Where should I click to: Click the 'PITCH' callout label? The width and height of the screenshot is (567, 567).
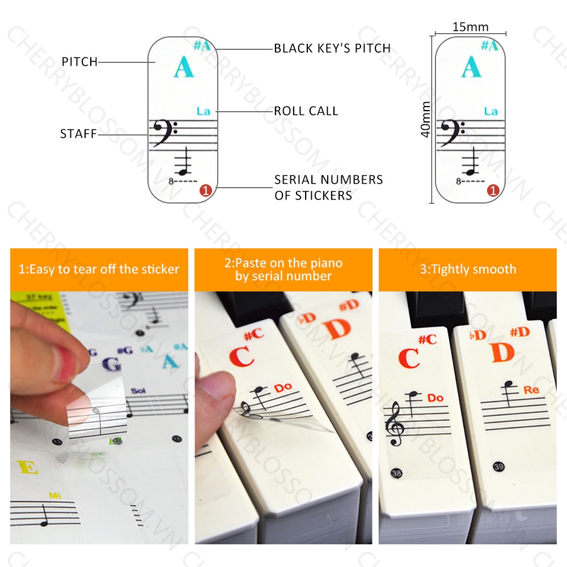pos(79,62)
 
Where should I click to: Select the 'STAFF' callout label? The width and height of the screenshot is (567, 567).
pos(78,134)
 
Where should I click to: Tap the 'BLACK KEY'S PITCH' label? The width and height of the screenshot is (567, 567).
pos(332,48)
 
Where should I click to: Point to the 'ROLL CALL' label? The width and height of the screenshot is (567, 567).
pos(306,111)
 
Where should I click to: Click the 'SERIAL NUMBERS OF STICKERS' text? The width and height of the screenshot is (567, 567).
pos(329,188)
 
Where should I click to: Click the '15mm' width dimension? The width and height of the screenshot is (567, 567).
pos(471,27)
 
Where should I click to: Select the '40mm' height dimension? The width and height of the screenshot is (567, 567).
pos(425,120)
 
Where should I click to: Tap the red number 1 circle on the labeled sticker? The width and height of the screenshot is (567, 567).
pos(206,191)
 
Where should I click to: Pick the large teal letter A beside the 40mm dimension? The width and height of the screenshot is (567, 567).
pos(472,67)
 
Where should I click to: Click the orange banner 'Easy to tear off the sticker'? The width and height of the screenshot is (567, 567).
pos(99,269)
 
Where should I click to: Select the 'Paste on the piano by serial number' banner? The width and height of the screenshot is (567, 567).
pos(283,269)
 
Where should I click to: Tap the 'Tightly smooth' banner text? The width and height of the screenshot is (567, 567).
pos(468,269)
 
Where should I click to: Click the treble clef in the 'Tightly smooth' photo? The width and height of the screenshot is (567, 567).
pos(395,425)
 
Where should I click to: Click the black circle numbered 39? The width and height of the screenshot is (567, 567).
pos(499,467)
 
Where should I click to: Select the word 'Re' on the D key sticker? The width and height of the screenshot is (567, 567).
pos(532,390)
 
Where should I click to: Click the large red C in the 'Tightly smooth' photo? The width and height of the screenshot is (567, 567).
pos(409,358)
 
